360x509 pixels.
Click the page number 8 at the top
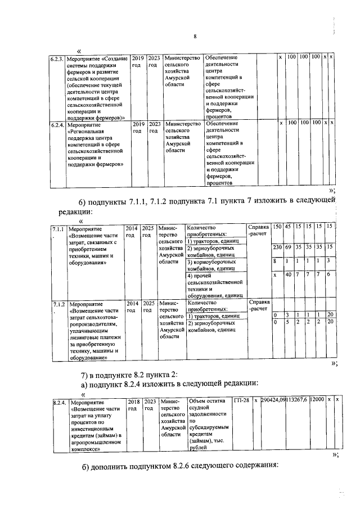pos(195,37)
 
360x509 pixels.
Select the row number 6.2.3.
pos(57,58)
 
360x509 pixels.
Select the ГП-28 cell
pos(241,402)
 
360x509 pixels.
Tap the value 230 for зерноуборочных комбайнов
pos(277,247)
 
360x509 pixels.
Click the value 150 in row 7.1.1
pos(277,226)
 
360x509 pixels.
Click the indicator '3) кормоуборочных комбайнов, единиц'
pos(215,265)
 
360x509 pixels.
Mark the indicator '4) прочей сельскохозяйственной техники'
pos(215,286)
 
